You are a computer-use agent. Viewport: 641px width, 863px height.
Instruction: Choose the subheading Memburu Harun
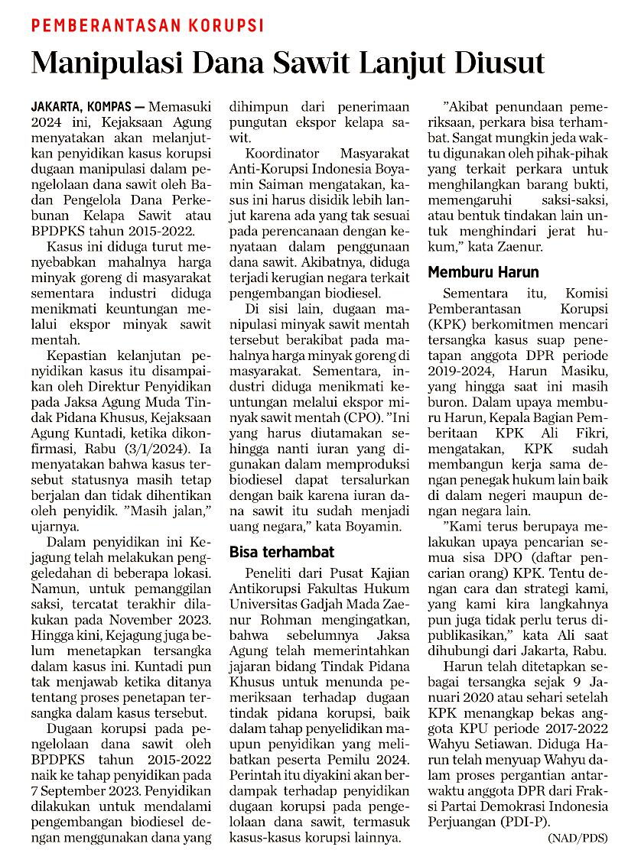pyautogui.click(x=483, y=272)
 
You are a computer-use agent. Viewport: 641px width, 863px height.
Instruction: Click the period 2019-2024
pyautogui.click(x=460, y=371)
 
